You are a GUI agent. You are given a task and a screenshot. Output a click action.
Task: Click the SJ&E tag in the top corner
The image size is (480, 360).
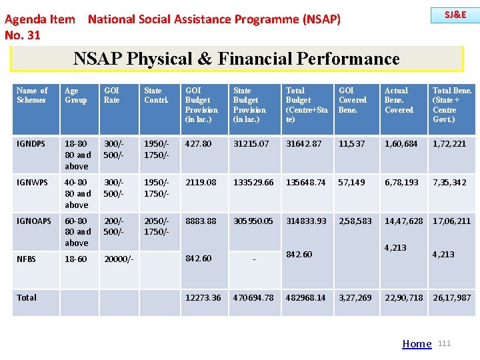tap(456, 15)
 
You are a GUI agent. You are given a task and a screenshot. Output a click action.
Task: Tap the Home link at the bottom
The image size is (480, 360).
tap(417, 344)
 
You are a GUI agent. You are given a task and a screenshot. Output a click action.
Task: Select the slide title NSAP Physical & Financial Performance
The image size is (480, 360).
tap(237, 59)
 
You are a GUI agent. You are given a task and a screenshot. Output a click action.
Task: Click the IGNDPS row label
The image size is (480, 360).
tap(31, 144)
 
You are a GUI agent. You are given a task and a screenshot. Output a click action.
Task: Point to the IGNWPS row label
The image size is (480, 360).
tap(31, 183)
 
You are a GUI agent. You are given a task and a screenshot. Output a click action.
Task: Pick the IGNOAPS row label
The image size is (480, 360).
tap(33, 221)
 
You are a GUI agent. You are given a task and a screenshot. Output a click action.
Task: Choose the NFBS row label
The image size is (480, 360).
tap(26, 259)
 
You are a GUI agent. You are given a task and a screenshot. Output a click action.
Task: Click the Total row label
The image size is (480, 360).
tap(27, 297)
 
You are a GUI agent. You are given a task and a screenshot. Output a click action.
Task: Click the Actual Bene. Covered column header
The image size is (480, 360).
tap(399, 100)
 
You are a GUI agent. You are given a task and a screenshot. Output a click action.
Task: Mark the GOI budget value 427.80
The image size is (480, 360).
tap(198, 144)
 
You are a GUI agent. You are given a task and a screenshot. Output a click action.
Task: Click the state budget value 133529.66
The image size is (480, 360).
tap(253, 183)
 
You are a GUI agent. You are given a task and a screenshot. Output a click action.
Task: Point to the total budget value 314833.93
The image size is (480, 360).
tap(306, 221)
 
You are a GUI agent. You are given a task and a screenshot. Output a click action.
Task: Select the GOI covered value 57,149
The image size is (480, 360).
tap(355, 183)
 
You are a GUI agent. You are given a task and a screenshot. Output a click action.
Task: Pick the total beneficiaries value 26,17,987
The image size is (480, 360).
tap(451, 298)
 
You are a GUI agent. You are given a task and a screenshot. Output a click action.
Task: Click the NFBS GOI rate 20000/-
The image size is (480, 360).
tap(119, 259)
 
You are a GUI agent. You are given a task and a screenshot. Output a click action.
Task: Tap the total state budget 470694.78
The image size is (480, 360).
tap(253, 298)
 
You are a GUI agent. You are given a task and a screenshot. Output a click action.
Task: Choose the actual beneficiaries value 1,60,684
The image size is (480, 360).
tap(401, 144)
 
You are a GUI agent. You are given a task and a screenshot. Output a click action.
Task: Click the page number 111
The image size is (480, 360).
tap(445, 343)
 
